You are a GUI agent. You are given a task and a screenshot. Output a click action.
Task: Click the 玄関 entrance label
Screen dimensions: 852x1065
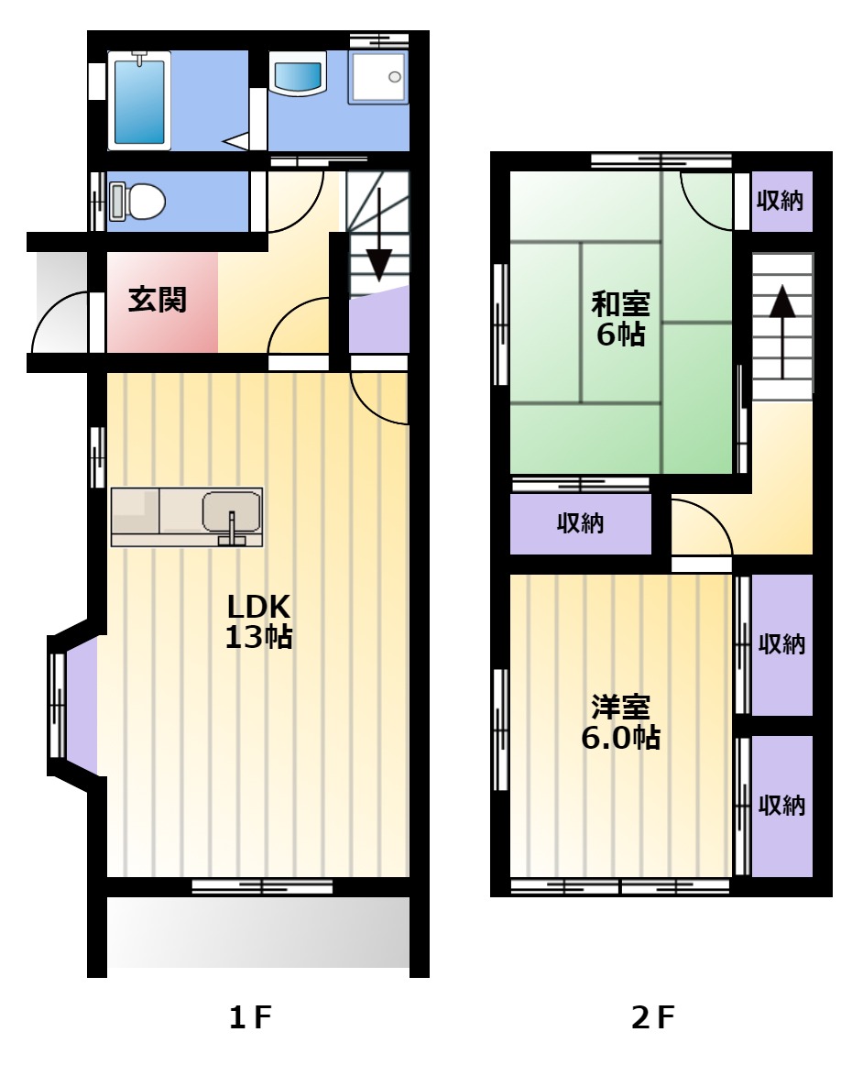pyautogui.click(x=158, y=300)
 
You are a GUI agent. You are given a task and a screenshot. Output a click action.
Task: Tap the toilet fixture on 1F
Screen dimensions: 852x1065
pyautogui.click(x=137, y=201)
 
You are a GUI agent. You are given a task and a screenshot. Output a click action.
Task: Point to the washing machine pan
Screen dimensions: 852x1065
pyautogui.click(x=378, y=77)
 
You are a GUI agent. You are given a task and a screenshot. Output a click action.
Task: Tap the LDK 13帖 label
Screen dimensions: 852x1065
pyautogui.click(x=258, y=620)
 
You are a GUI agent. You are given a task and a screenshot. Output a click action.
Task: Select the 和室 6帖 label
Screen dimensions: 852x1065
pyautogui.click(x=620, y=319)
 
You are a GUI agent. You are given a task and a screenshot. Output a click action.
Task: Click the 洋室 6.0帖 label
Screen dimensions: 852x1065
pyautogui.click(x=620, y=722)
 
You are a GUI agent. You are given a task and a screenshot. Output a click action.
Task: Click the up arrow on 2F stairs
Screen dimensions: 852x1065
pyautogui.click(x=782, y=332)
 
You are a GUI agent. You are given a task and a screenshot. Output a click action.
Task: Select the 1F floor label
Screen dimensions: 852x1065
pyautogui.click(x=250, y=1016)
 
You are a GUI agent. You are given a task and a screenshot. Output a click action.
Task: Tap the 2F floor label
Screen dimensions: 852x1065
pyautogui.click(x=653, y=1016)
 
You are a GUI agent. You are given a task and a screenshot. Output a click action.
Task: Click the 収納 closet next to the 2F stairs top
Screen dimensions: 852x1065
pyautogui.click(x=781, y=201)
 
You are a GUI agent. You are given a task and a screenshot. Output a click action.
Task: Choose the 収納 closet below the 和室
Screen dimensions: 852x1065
pyautogui.click(x=581, y=523)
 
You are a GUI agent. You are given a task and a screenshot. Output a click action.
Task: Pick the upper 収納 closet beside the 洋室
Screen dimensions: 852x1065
pyautogui.click(x=781, y=644)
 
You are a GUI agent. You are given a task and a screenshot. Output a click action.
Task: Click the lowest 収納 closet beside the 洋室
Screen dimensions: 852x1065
pyautogui.click(x=781, y=806)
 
